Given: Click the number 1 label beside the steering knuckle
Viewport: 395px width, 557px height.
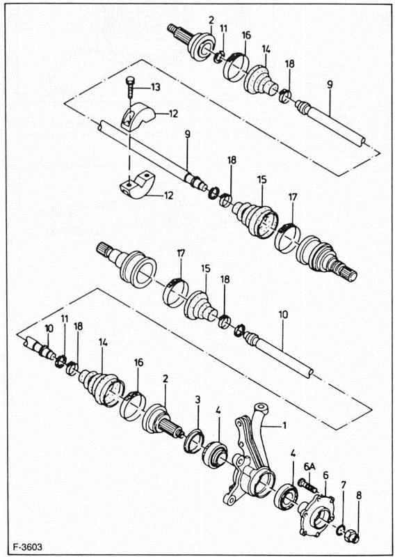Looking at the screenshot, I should [284, 424].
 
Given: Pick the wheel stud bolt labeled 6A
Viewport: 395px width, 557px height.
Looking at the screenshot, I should [305, 483].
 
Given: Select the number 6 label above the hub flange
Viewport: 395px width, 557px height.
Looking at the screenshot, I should [325, 475].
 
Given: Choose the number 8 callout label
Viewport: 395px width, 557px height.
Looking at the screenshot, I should [359, 496].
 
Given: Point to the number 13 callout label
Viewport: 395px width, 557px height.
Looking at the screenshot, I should [155, 87].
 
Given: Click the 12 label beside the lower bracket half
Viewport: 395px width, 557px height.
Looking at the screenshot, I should [168, 196].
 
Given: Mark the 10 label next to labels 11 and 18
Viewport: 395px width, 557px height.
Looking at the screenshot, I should [49, 328].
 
